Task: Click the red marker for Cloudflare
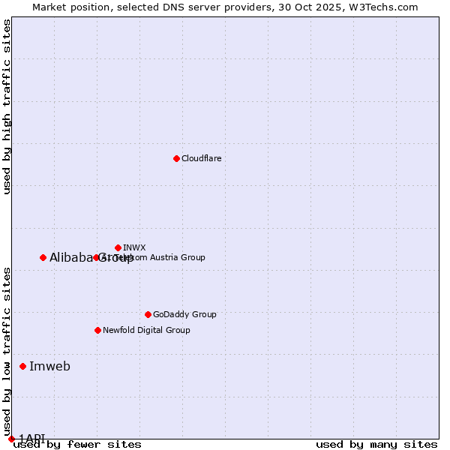pos(176,158)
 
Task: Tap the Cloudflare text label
pos(201,158)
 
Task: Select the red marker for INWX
pos(118,247)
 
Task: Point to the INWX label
pos(134,247)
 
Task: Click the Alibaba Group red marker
pos(43,257)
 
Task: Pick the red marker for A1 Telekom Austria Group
pos(96,257)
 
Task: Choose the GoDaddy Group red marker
pos(148,314)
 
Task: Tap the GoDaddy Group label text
pos(184,314)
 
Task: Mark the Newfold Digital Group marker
pos(97,330)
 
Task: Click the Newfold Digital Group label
pos(146,330)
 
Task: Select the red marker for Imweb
pos(22,366)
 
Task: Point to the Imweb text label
pos(49,366)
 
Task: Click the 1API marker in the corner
pos(11,439)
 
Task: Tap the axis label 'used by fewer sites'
pos(77,445)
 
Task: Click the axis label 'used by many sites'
pos(376,445)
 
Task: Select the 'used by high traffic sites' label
pos(7,106)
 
